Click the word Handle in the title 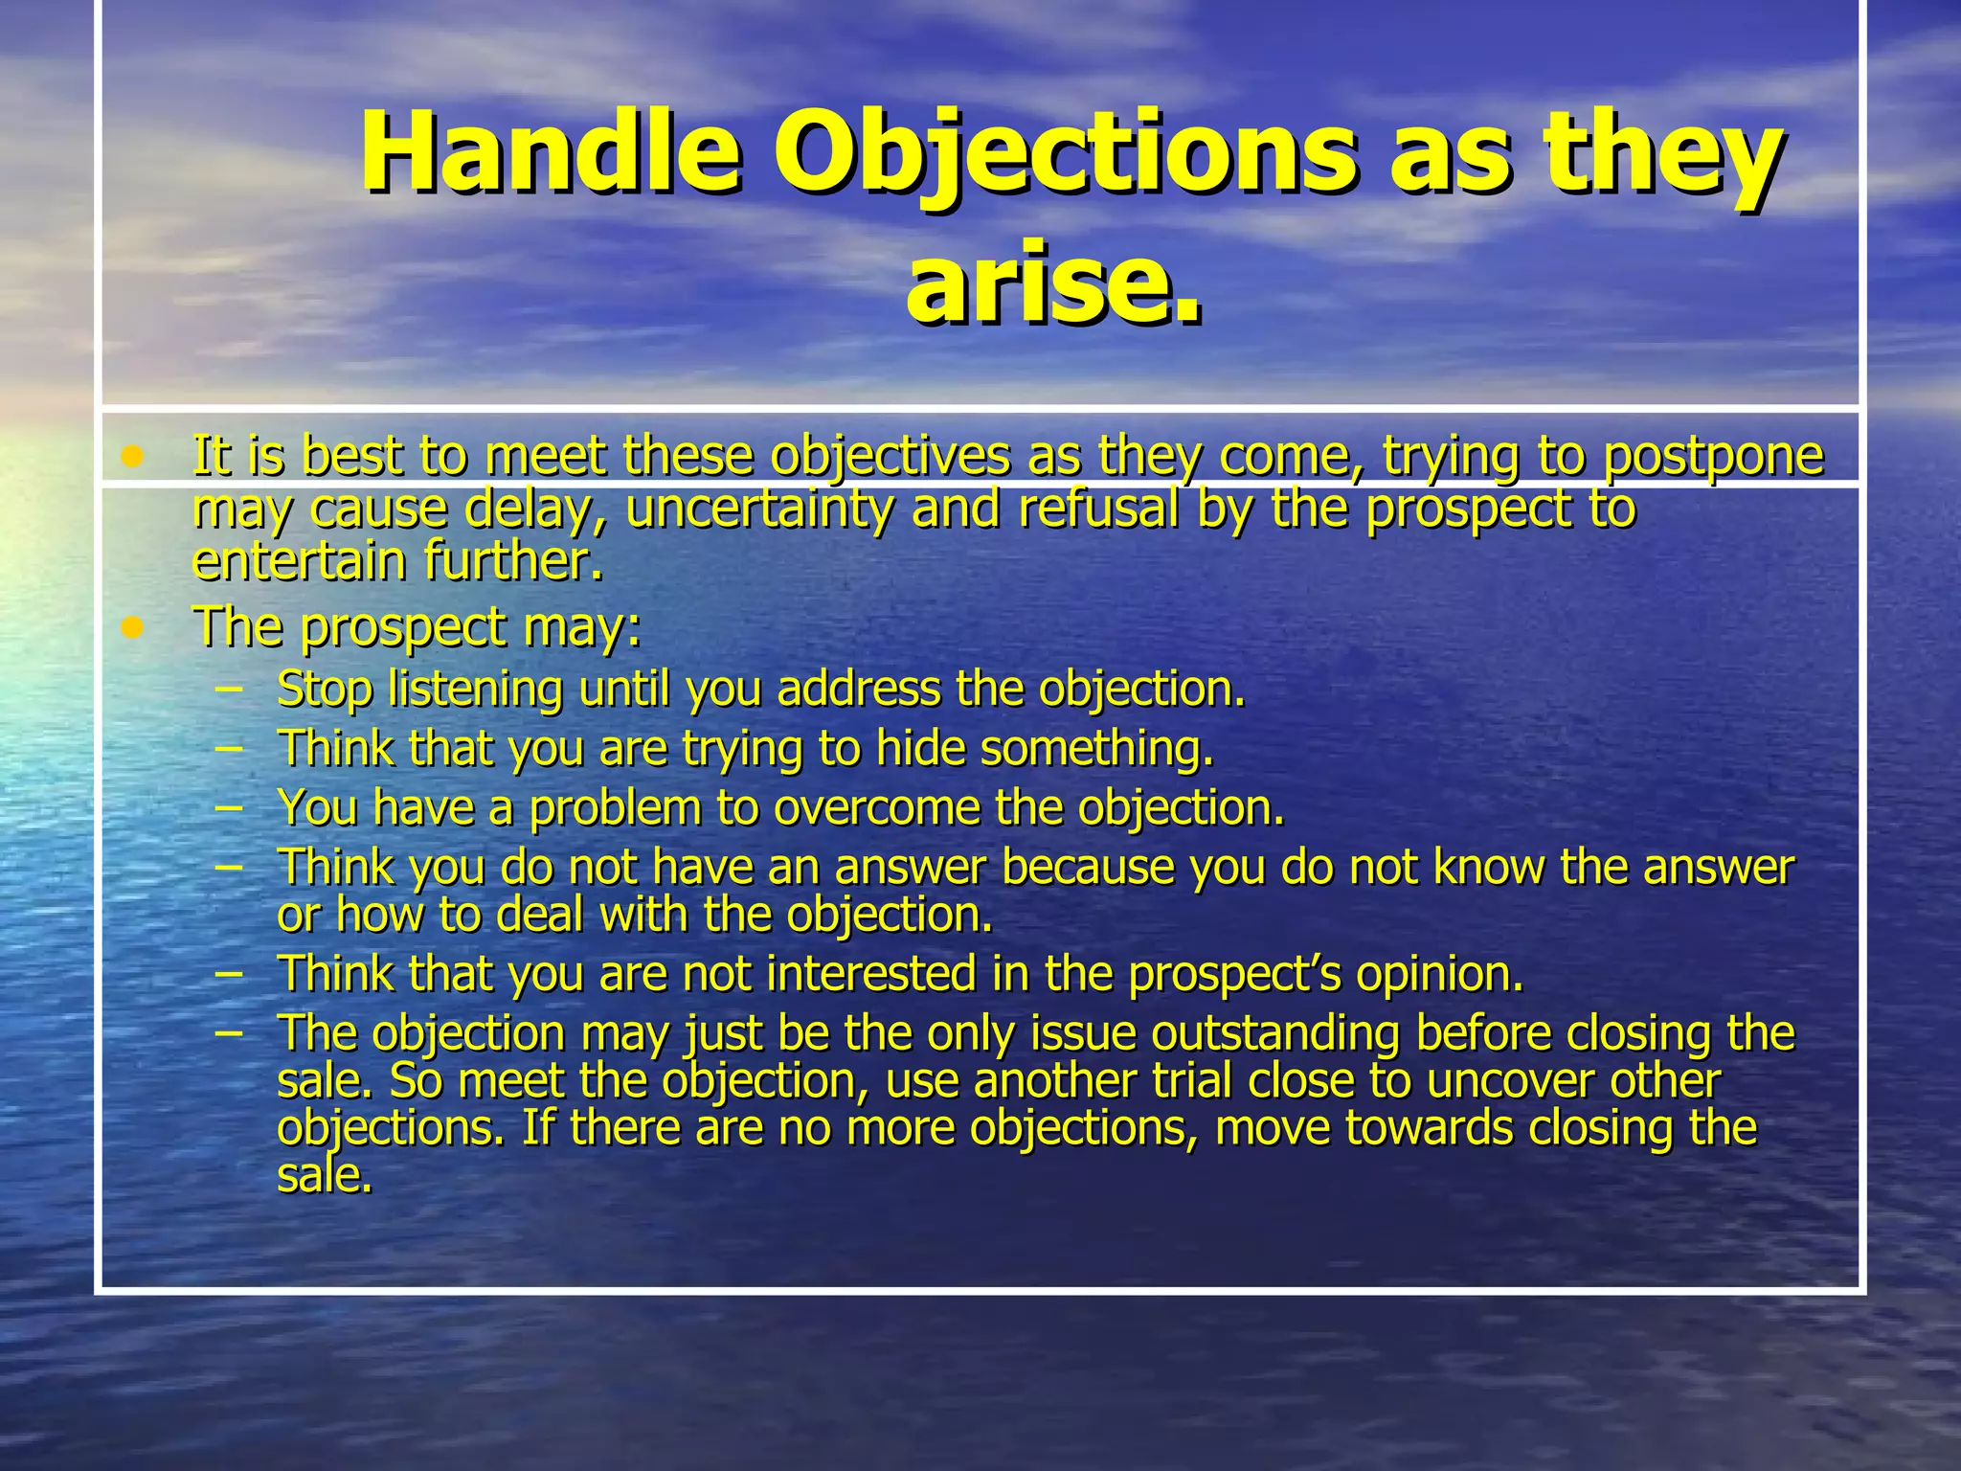pyautogui.click(x=550, y=153)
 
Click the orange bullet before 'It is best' pyautogui.click(x=133, y=457)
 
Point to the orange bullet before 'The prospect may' pyautogui.click(x=133, y=629)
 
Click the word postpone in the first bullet pyautogui.click(x=1713, y=457)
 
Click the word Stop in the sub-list pyautogui.click(x=324, y=690)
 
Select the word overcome pyautogui.click(x=877, y=808)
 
